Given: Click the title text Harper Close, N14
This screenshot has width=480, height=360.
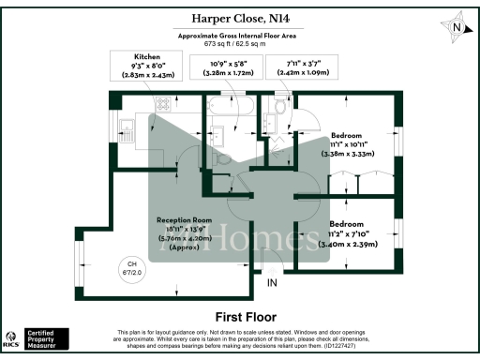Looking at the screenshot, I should [x=240, y=19].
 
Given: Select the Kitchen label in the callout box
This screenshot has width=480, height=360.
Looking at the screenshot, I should [x=153, y=56].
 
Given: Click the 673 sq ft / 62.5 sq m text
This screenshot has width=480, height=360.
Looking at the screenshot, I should [x=240, y=44].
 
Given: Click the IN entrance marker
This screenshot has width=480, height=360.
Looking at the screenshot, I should [x=273, y=282].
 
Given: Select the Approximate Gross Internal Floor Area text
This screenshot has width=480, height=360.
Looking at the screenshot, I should [x=240, y=36].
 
